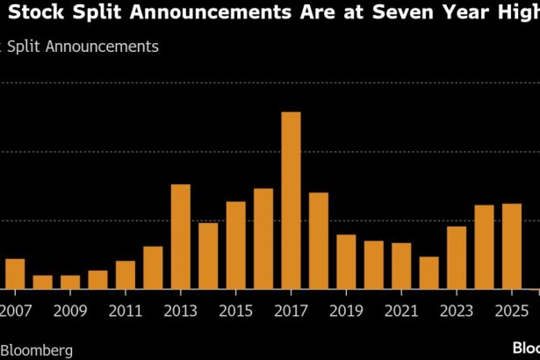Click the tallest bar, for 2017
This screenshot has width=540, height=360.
[x=291, y=200]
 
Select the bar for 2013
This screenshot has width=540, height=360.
[x=180, y=236]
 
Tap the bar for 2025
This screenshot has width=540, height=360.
[x=512, y=246]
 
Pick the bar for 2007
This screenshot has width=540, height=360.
[x=15, y=273]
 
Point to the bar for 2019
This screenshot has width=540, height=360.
[x=346, y=262]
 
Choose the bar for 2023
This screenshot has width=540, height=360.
[x=457, y=257]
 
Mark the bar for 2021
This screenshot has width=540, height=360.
[x=401, y=265]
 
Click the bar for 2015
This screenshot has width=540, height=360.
[x=235, y=245]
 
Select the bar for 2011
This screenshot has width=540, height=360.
[x=125, y=274]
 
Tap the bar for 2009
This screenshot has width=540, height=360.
[x=70, y=281]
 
